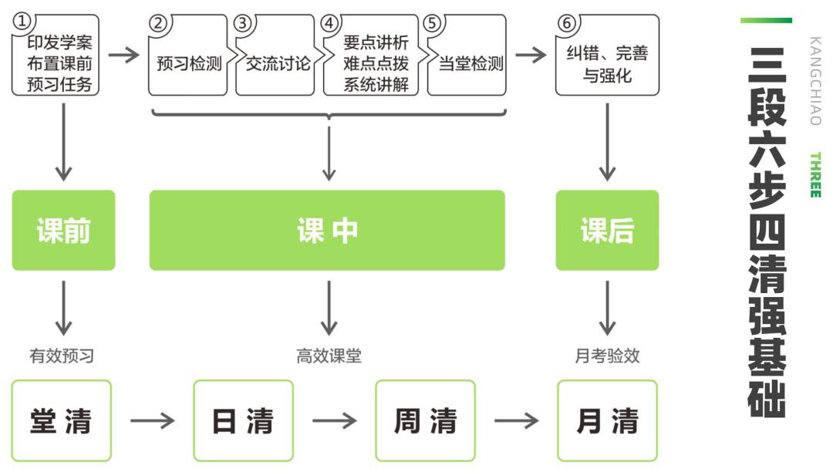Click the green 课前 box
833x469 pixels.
point(63,231)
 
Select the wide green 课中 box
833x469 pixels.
point(327,231)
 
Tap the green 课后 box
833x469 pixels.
point(607,231)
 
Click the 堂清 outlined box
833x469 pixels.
point(62,420)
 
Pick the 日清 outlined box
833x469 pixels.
point(243,420)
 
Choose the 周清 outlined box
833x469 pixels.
point(425,420)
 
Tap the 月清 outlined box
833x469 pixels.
point(607,420)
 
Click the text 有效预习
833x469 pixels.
point(62,356)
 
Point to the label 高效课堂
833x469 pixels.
point(329,356)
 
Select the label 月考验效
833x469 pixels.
point(607,356)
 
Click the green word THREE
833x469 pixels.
point(815,175)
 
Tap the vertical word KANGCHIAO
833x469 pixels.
point(815,80)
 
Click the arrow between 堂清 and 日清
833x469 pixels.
point(153,421)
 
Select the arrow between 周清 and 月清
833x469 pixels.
point(516,421)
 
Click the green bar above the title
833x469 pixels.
point(766,20)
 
